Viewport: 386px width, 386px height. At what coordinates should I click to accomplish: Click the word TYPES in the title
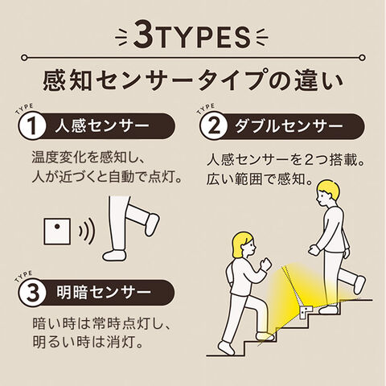pyautogui.click(x=203, y=38)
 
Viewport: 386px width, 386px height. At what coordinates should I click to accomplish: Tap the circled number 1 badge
pyautogui.click(x=32, y=126)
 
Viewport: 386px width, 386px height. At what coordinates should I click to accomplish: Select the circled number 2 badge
pyautogui.click(x=214, y=126)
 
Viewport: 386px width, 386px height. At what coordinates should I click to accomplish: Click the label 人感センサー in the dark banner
pyautogui.click(x=102, y=126)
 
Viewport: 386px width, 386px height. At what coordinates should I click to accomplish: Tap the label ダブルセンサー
pyautogui.click(x=289, y=126)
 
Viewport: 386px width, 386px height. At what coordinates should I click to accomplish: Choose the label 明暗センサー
pyautogui.click(x=104, y=293)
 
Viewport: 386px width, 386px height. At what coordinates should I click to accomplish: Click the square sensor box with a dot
pyautogui.click(x=57, y=232)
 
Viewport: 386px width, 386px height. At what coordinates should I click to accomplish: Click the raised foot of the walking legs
pyautogui.click(x=152, y=224)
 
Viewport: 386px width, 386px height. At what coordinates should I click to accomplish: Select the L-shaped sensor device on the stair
pyautogui.click(x=306, y=312)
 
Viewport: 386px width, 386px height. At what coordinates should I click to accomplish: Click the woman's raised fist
pyautogui.click(x=266, y=264)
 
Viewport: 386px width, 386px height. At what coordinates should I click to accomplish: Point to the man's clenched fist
pyautogui.click(x=314, y=251)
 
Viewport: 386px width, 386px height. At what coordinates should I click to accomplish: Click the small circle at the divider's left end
pyautogui.click(x=24, y=58)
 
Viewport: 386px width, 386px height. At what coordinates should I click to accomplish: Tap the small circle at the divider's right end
pyautogui.click(x=362, y=58)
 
